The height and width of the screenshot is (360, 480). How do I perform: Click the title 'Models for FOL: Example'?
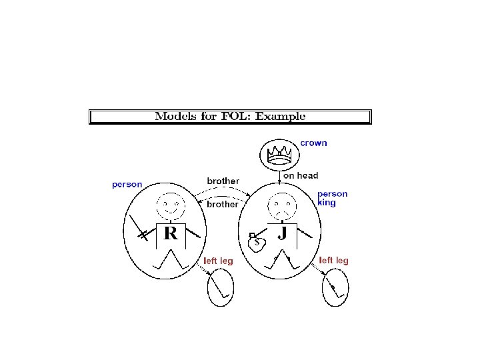click(x=230, y=117)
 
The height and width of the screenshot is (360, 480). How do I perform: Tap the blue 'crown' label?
click(x=313, y=143)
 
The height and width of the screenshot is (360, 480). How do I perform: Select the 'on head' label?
click(x=301, y=176)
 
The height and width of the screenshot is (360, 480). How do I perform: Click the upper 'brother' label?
click(x=223, y=181)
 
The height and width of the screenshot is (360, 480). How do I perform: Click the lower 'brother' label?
click(x=222, y=204)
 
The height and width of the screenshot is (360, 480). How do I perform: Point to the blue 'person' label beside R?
click(x=127, y=184)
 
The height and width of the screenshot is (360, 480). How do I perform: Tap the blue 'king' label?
click(x=327, y=203)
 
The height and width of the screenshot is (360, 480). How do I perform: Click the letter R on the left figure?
click(x=171, y=233)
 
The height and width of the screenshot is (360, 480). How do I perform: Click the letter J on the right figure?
click(x=282, y=233)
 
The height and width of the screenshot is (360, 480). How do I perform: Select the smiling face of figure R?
click(x=171, y=203)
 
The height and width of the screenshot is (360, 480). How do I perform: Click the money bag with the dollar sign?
click(x=257, y=243)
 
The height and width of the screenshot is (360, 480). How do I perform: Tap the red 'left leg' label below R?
click(x=218, y=261)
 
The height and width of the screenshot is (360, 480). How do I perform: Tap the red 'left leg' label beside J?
click(x=333, y=260)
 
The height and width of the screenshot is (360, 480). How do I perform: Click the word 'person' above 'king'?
click(x=332, y=194)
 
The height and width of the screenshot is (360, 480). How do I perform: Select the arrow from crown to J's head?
click(x=279, y=177)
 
